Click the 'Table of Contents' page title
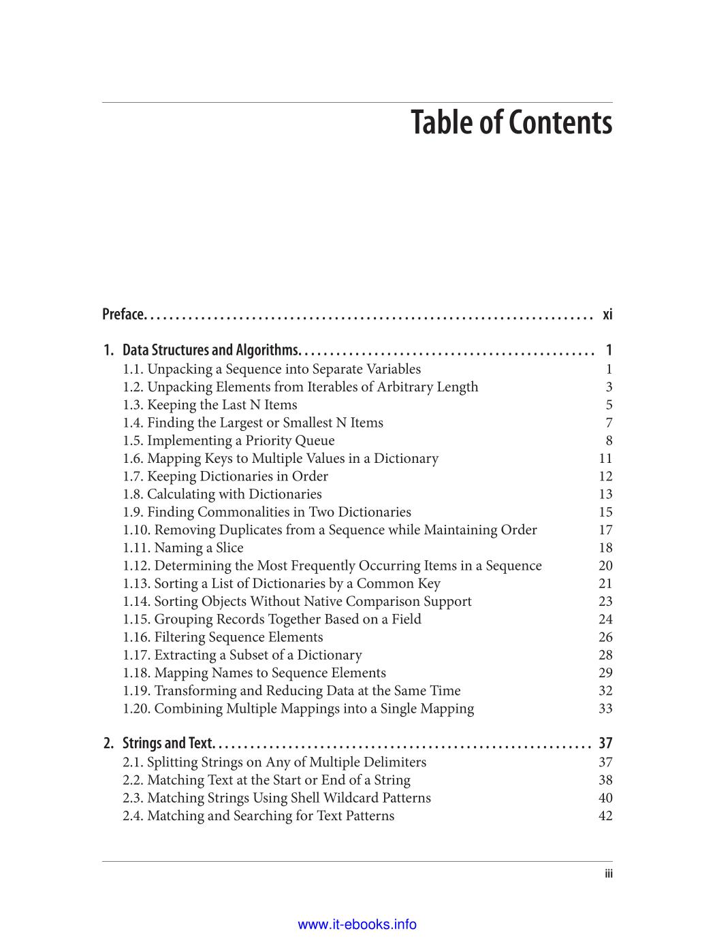pos(511,123)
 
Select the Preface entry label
pos(123,314)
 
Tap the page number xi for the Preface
pos(607,314)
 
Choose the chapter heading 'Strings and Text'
pos(168,743)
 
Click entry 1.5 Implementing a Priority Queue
pos(229,440)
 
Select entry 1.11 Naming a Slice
pos(183,548)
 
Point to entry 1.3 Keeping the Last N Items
pos(210,405)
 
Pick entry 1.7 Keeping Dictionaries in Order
pos(225,476)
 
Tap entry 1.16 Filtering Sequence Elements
pos(223,637)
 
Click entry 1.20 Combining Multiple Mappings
pos(298,709)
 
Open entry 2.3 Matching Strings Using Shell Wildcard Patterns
pos(276,798)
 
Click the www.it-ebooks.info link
pos(357,924)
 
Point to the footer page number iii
pos(608,875)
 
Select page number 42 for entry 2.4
pos(605,815)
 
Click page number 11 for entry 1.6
pos(605,459)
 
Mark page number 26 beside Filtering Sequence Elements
pos(605,637)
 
